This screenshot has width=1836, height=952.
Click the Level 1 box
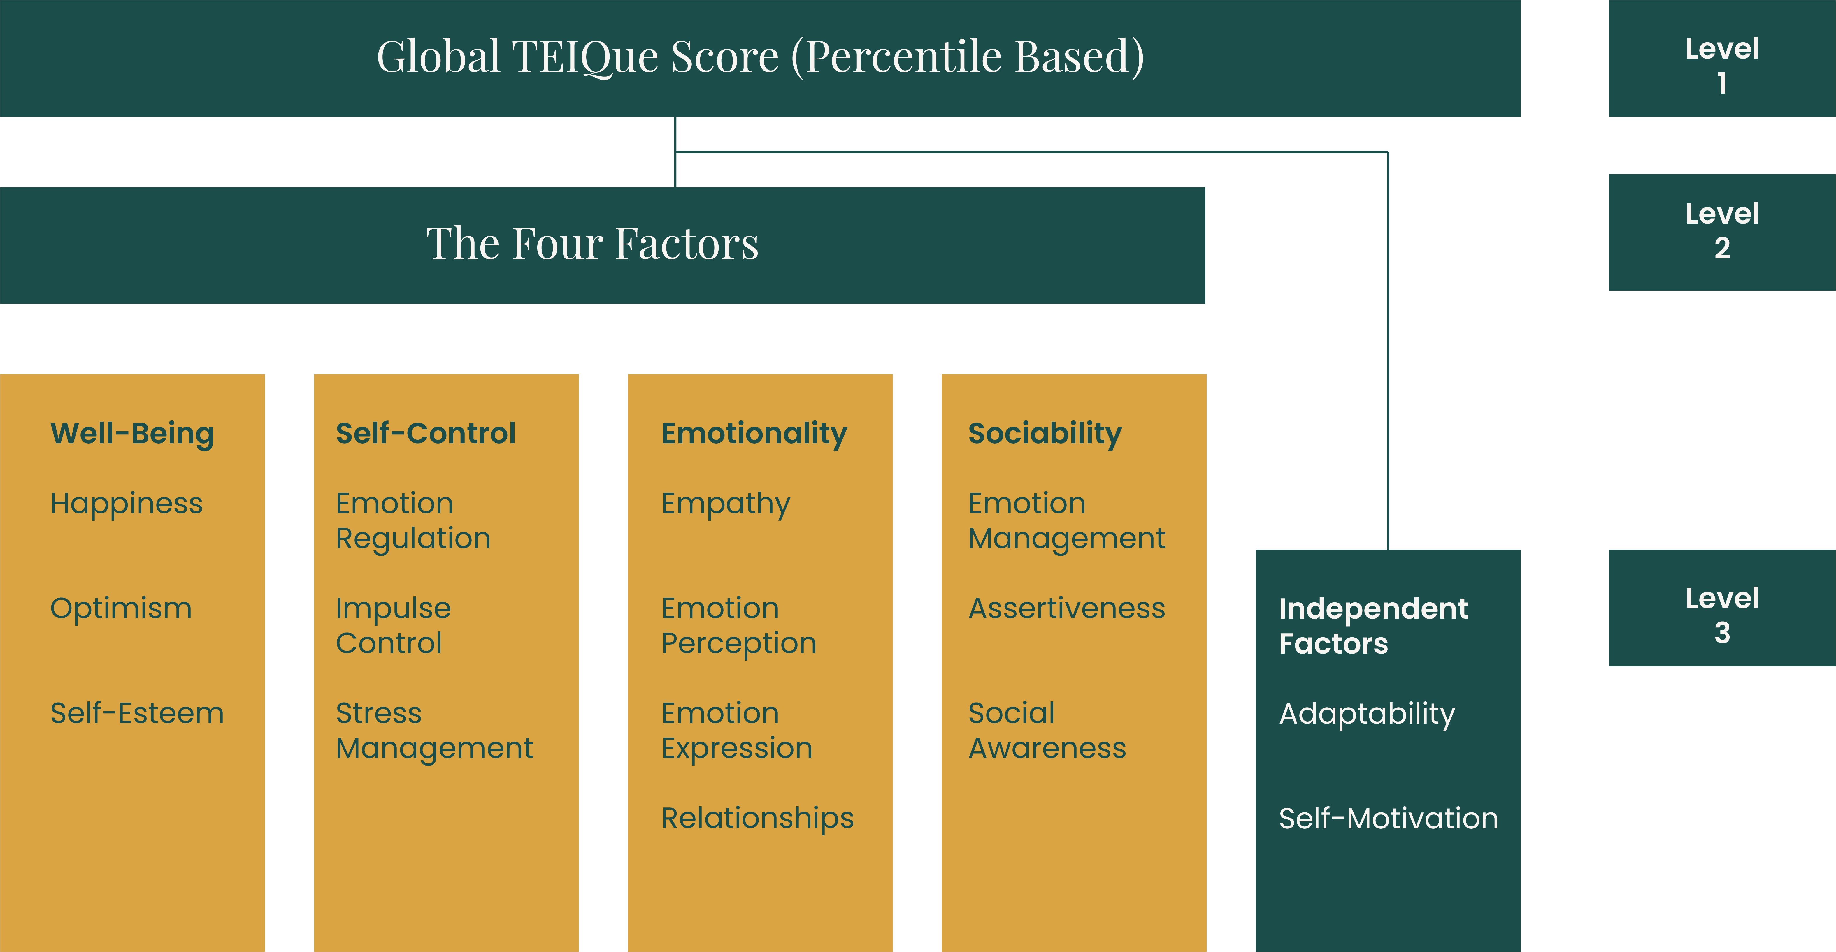pyautogui.click(x=1722, y=59)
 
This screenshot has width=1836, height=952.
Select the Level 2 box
pyautogui.click(x=1722, y=232)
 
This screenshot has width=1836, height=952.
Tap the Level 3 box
pyautogui.click(x=1722, y=608)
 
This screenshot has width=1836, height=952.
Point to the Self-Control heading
pyautogui.click(x=426, y=433)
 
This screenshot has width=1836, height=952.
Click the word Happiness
pyautogui.click(x=126, y=504)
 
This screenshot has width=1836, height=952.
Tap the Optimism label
pyautogui.click(x=121, y=608)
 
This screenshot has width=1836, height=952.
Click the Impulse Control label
pyautogui.click(x=394, y=626)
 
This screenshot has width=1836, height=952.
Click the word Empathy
pyautogui.click(x=726, y=504)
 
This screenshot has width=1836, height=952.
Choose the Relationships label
pyautogui.click(x=757, y=818)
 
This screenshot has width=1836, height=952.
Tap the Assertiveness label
pyautogui.click(x=1066, y=608)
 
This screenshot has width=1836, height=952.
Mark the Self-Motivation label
pyautogui.click(x=1389, y=818)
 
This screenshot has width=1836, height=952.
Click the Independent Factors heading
pyautogui.click(x=1373, y=626)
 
